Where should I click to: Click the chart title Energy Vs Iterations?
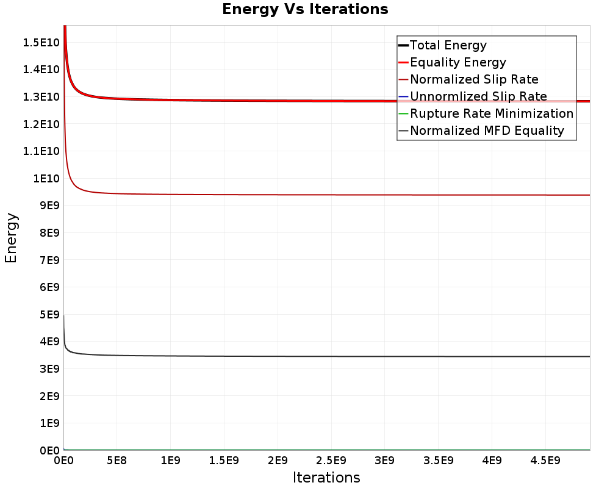coord(305,9)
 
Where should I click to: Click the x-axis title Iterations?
coord(326,477)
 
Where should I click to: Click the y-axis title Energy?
coord(10,237)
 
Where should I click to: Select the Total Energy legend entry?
coord(448,45)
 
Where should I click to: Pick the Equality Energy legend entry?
coord(458,62)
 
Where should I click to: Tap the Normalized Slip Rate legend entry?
coord(474,79)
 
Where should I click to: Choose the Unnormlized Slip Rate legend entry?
coord(478,96)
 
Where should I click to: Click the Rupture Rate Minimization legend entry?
coord(492,113)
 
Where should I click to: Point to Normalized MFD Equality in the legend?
coord(487,131)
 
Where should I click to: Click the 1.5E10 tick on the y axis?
coord(40,42)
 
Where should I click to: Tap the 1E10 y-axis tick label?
coord(45,178)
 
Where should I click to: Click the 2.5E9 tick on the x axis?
coord(331,459)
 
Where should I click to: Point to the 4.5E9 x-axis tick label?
coord(545,459)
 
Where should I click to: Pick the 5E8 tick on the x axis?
coord(117,459)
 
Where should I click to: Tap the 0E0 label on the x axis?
coord(63,459)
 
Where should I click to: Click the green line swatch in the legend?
coord(403,113)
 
